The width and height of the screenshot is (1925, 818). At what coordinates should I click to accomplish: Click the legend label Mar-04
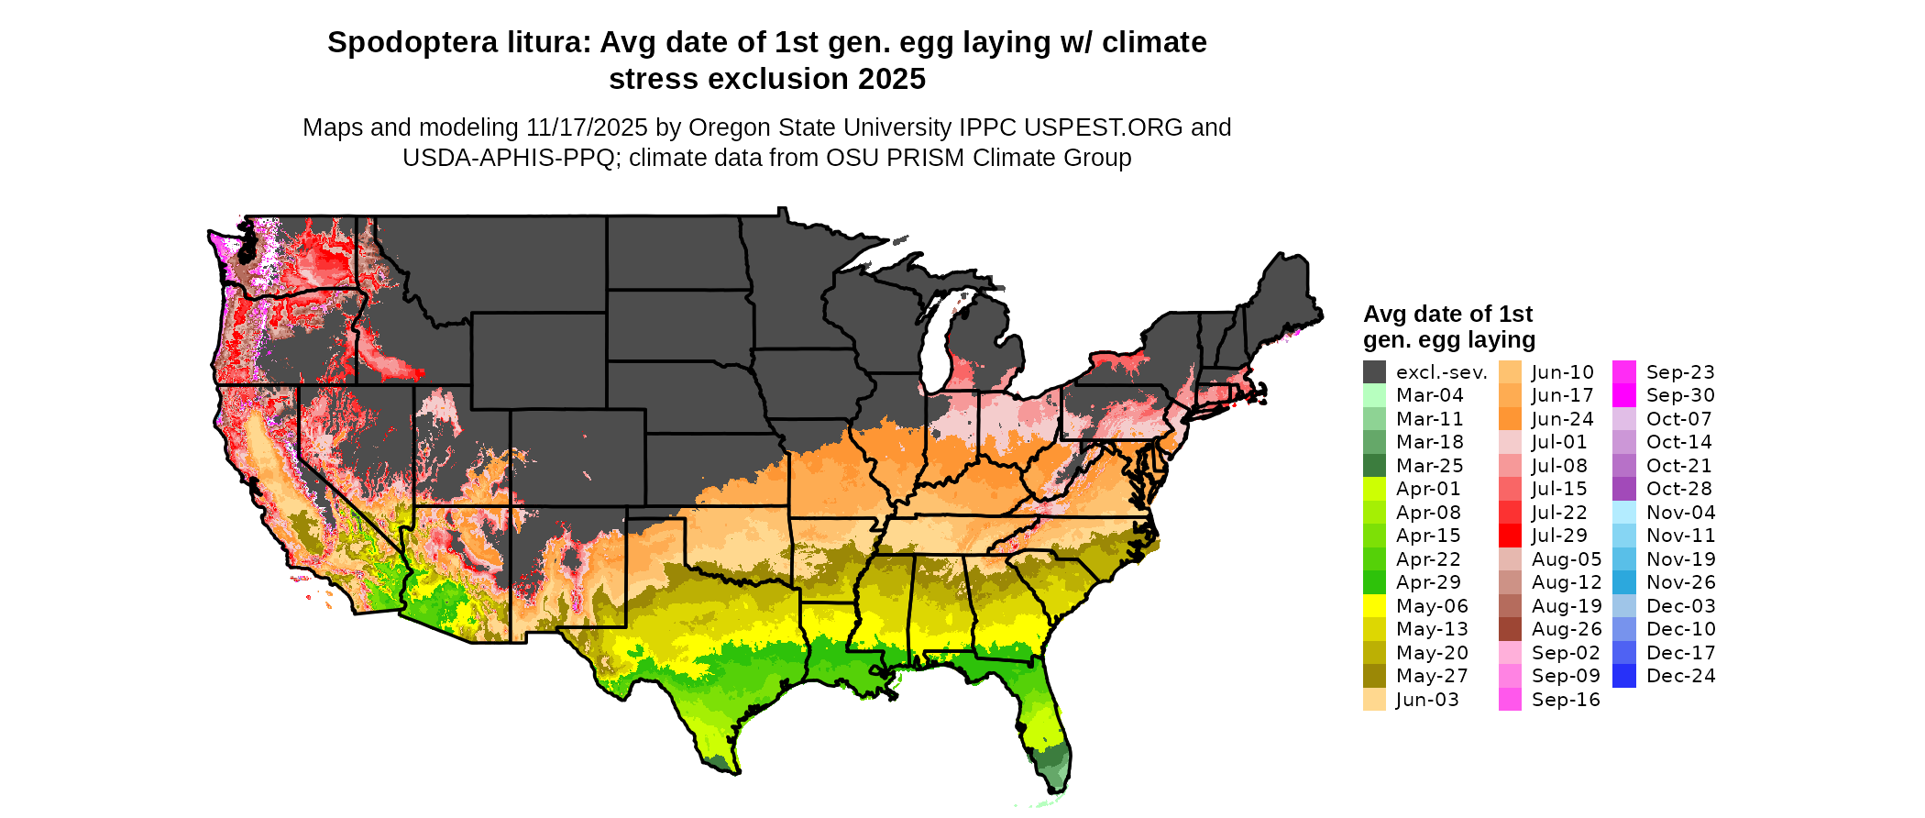click(1429, 395)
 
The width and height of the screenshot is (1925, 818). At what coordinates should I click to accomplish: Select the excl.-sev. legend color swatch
click(1374, 372)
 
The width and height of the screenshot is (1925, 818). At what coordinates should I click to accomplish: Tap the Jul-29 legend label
click(1559, 536)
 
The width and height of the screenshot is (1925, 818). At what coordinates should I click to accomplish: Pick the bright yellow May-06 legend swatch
click(1374, 606)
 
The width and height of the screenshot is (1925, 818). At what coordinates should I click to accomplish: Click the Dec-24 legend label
click(1680, 676)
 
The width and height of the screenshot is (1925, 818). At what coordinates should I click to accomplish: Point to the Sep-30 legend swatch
click(1623, 395)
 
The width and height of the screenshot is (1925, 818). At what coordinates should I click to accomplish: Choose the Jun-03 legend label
click(1427, 700)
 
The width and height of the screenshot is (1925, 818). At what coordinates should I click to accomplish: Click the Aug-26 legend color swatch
click(1510, 629)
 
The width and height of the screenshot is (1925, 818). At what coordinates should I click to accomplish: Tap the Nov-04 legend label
click(1680, 513)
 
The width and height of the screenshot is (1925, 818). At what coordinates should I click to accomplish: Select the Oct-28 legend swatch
click(1623, 489)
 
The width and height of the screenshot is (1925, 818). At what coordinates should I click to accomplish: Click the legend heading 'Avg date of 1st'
click(1447, 315)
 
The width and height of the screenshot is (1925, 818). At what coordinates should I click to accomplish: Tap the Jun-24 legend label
click(1562, 419)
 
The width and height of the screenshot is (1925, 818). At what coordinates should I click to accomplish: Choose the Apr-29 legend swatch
click(1374, 582)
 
